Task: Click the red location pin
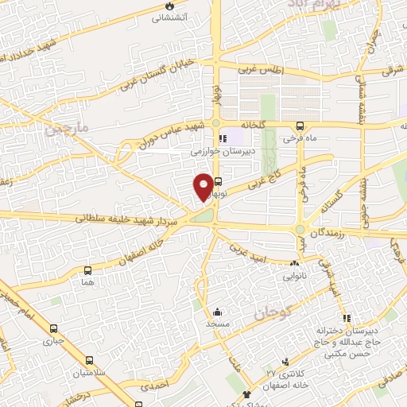[203, 186]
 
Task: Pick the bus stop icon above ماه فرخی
[300, 126]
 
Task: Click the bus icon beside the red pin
[218, 181]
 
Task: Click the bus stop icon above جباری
[53, 328]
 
